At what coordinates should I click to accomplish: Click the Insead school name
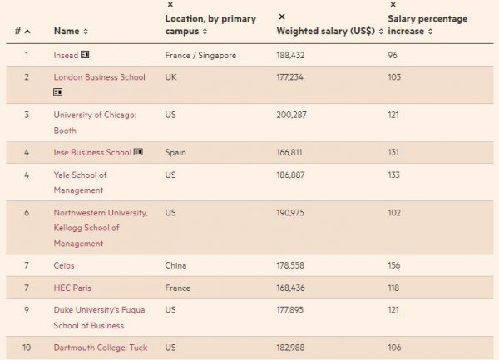click(66, 55)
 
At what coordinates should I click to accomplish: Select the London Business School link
click(99, 77)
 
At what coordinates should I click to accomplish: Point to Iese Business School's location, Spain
click(177, 152)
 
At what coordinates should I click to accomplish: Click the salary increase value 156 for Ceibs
click(394, 265)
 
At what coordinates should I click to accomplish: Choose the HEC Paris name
click(72, 288)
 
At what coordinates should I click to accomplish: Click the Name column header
click(66, 32)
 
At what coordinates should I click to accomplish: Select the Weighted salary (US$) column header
click(326, 32)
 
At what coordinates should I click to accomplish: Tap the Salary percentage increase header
click(427, 25)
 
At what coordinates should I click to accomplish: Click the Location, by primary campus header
click(210, 25)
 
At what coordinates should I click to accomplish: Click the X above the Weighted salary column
click(281, 17)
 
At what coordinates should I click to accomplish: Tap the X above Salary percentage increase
click(393, 5)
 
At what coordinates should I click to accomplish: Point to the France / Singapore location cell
click(200, 55)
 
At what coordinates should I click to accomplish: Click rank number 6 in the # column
click(26, 213)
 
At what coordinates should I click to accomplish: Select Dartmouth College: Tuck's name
click(101, 347)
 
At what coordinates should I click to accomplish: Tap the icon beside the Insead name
click(85, 55)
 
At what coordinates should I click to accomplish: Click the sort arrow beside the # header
click(27, 32)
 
